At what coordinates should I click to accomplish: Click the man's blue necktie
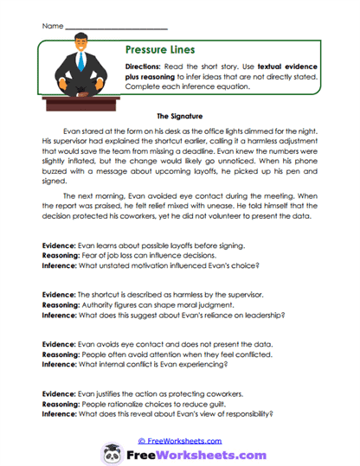(x=75, y=61)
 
